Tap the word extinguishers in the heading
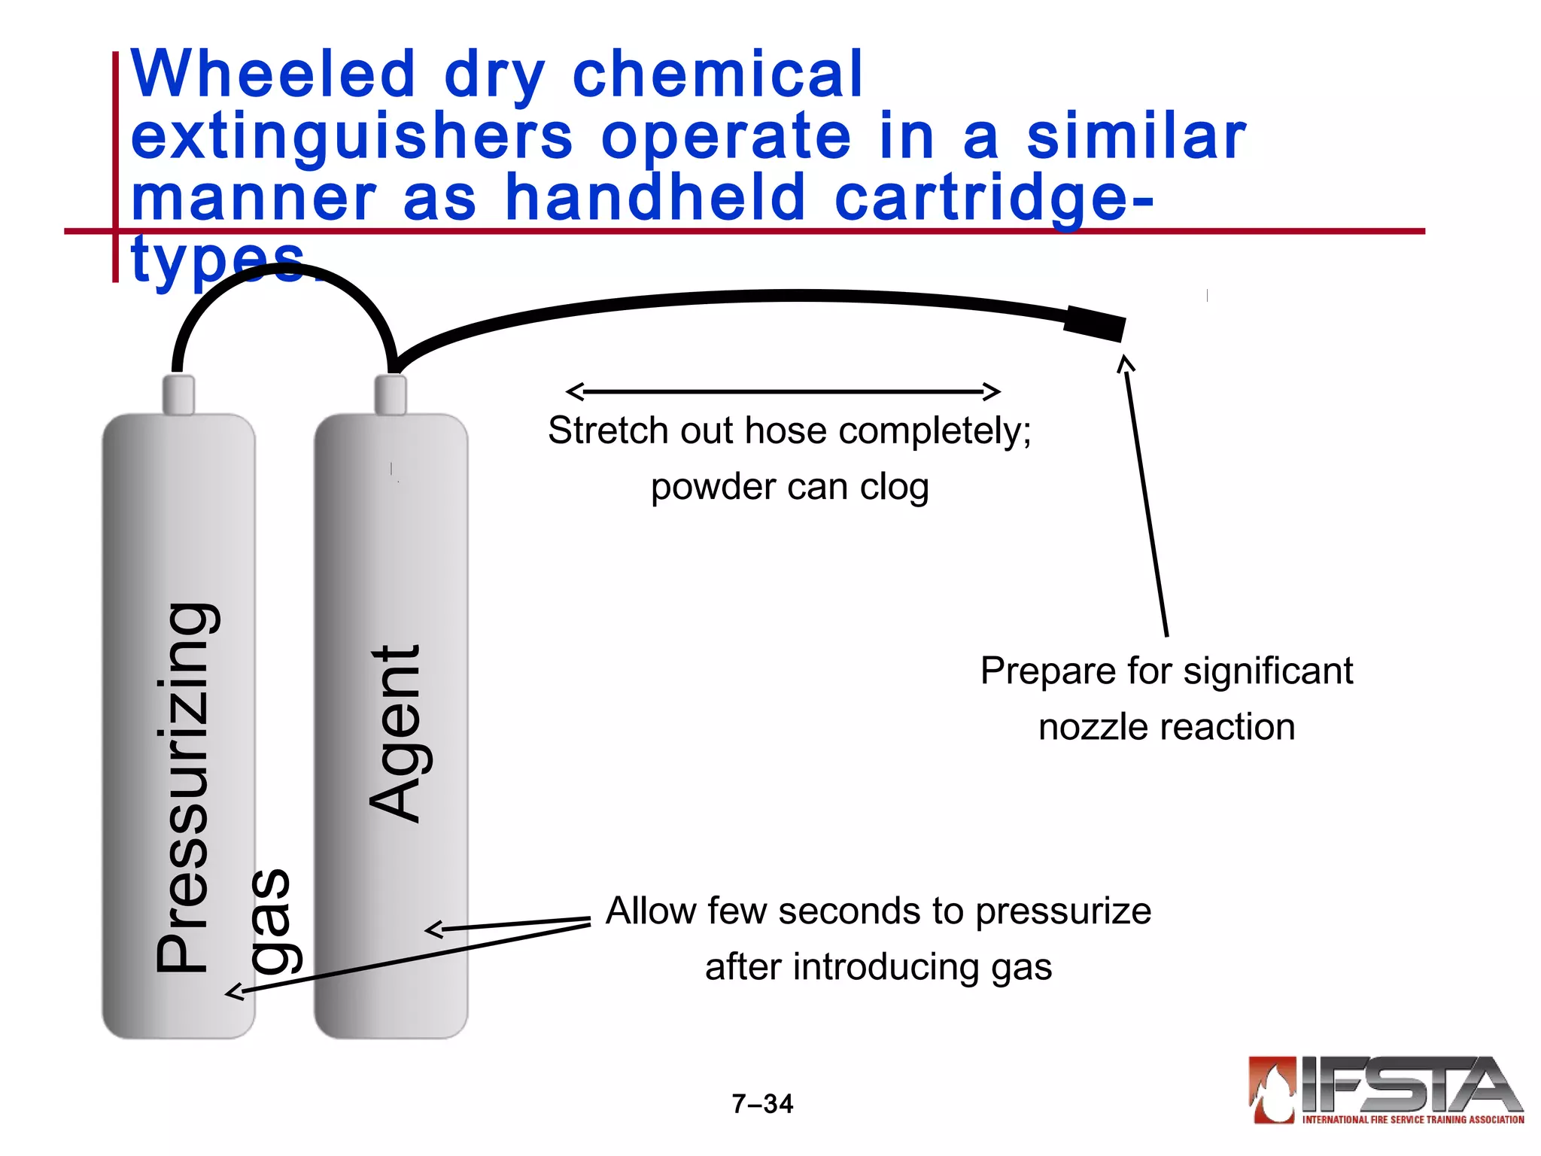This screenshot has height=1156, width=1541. click(x=351, y=137)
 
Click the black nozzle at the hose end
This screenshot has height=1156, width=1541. click(x=1095, y=324)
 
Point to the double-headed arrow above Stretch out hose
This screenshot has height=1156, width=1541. click(x=783, y=391)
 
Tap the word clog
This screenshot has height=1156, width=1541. click(x=894, y=487)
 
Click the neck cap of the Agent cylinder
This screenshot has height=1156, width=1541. click(x=391, y=394)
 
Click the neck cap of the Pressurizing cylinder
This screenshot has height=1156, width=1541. click(x=178, y=394)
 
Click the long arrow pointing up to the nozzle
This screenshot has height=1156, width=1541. click(x=1145, y=497)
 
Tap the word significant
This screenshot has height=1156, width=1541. click(x=1266, y=671)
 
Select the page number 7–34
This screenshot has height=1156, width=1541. click(x=762, y=1104)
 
